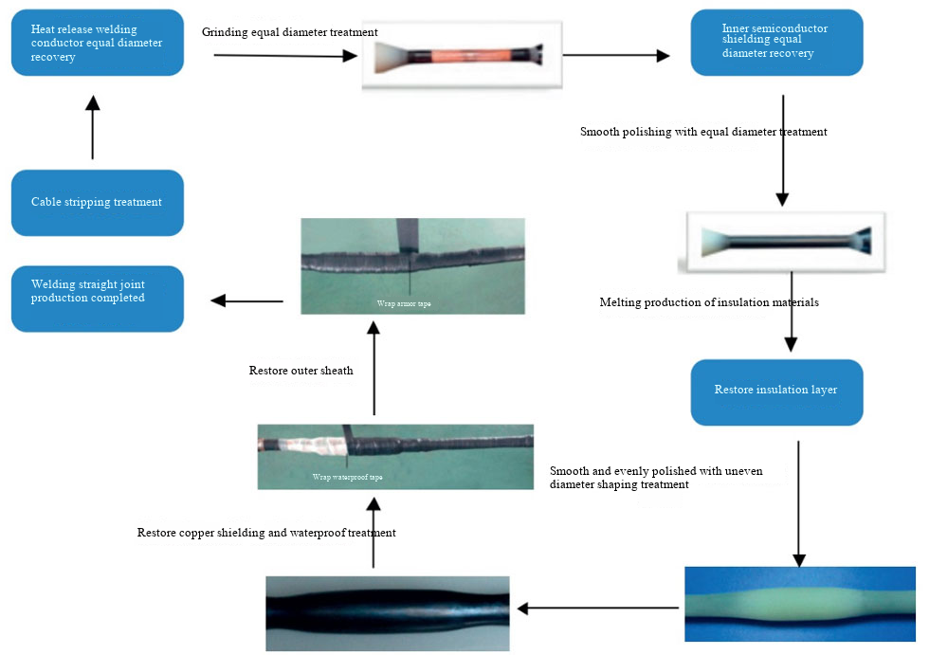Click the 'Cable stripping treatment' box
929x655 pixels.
tap(97, 202)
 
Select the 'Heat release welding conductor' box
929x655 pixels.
tap(97, 43)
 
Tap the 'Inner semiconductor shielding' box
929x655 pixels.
tap(776, 43)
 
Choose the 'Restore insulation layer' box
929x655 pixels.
tap(776, 391)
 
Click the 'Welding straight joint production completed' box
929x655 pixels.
tap(97, 299)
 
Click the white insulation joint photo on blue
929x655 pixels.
tap(800, 604)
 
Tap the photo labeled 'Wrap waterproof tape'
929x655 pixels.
tap(394, 456)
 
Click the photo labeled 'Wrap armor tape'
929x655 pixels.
tap(412, 265)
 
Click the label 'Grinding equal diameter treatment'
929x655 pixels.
tap(290, 32)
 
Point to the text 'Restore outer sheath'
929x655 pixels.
tap(301, 371)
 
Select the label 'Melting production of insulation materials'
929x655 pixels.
tap(709, 303)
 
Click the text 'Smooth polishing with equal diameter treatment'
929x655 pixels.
tap(703, 132)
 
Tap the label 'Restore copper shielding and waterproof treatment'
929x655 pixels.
tap(266, 533)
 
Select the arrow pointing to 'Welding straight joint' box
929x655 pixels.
tap(246, 300)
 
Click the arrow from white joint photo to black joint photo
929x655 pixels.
tap(597, 608)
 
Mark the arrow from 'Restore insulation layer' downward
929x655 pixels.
tap(798, 502)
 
